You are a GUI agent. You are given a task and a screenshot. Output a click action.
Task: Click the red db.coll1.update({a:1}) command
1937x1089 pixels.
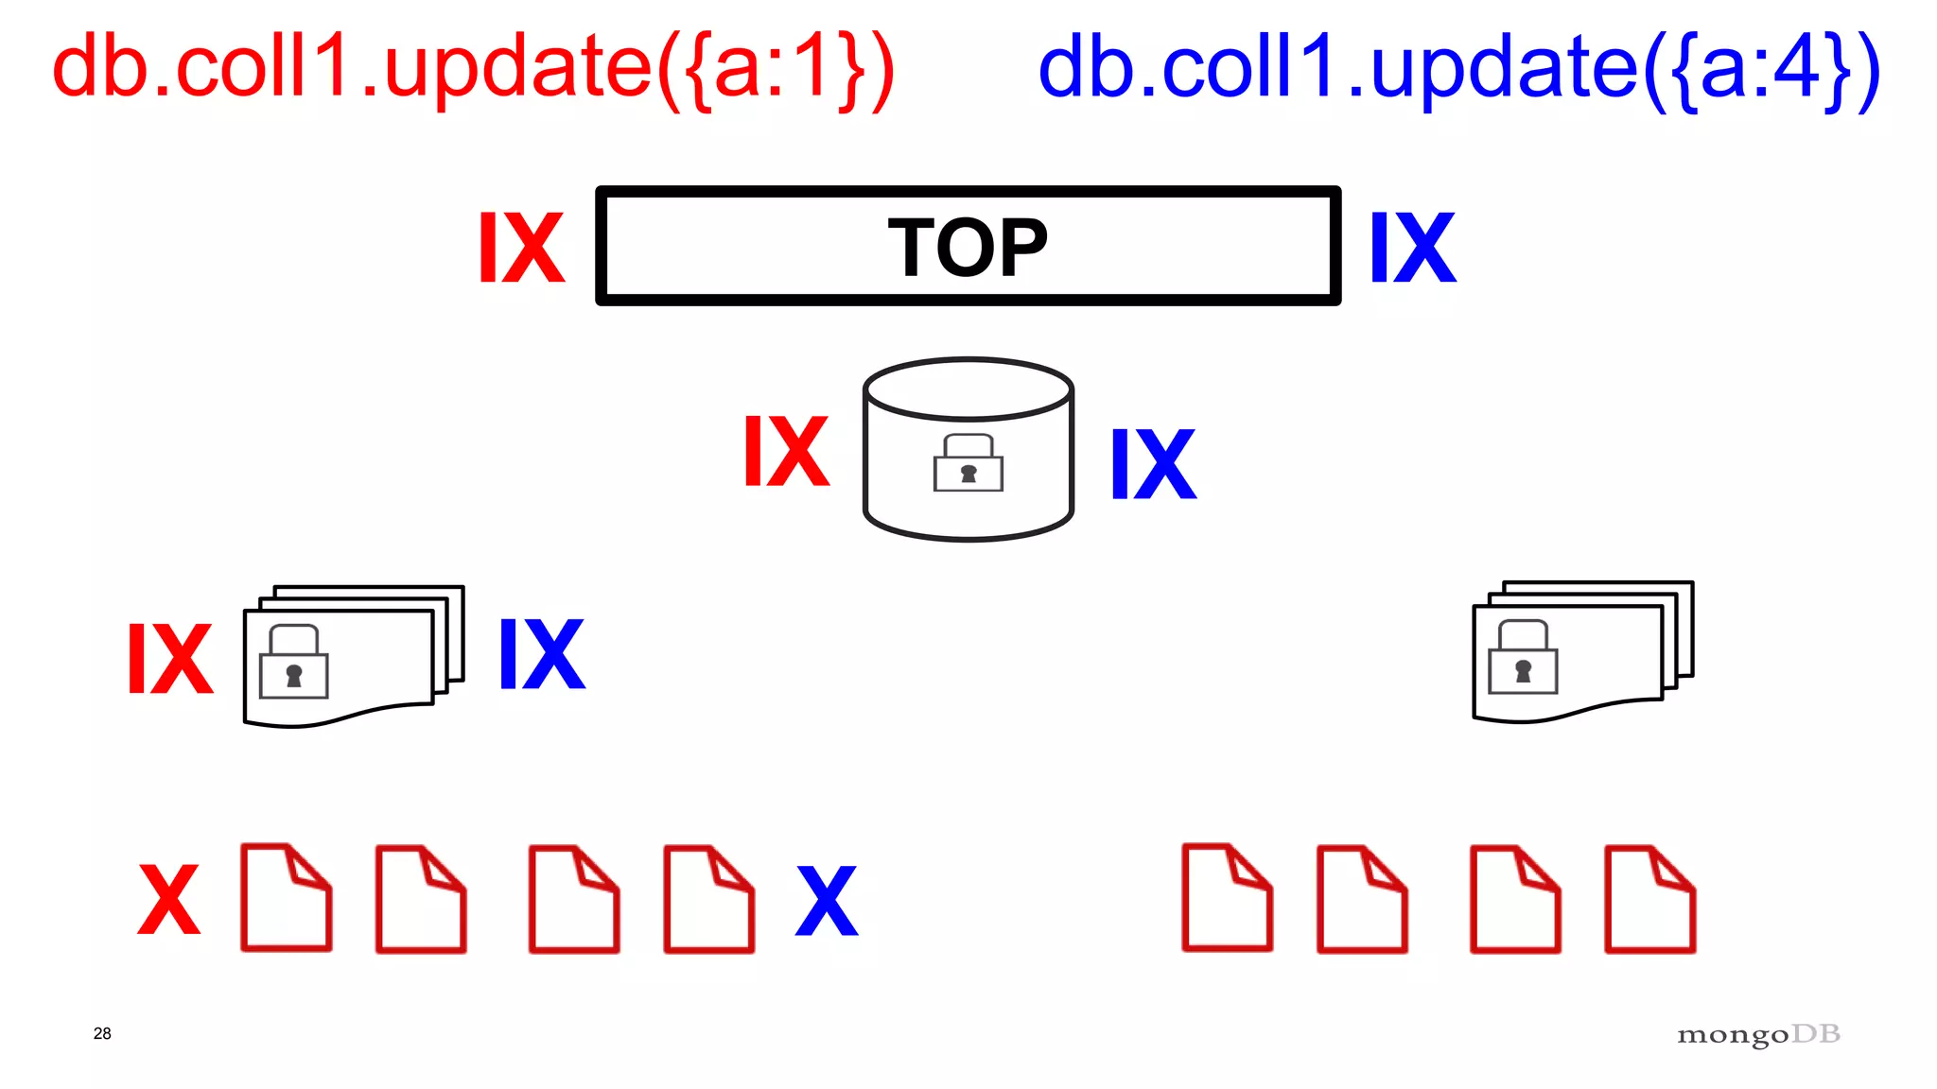pos(473,68)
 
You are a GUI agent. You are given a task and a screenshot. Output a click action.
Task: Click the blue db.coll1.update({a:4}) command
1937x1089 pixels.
pos(1458,68)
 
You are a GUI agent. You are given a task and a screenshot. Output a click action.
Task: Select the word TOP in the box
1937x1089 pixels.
pos(968,248)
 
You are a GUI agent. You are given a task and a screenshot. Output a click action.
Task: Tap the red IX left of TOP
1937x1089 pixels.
pos(521,248)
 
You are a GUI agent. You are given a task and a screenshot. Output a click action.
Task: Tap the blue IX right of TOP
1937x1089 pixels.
pos(1413,248)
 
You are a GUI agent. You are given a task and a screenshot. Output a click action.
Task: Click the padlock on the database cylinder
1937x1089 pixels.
pos(968,463)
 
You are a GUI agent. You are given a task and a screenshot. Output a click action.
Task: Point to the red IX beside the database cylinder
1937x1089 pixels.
pos(786,452)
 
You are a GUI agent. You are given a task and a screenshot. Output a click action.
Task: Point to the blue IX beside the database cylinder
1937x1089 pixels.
pos(1153,463)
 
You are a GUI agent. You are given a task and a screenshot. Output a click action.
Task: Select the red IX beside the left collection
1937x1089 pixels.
pos(170,659)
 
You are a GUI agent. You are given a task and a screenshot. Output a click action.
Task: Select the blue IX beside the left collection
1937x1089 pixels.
pos(542,654)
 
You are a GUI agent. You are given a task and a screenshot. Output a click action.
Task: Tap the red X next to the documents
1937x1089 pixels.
pos(169,899)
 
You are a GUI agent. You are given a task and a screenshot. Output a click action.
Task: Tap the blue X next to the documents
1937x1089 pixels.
pos(827,901)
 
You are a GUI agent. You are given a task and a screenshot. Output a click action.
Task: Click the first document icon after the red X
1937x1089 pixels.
pos(286,898)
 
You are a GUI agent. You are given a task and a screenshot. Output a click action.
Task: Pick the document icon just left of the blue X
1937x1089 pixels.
pos(708,899)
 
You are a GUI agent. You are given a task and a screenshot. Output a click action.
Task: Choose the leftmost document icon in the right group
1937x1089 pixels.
pos(1227,898)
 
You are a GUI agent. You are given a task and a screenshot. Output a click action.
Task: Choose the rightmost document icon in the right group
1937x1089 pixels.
pos(1649,899)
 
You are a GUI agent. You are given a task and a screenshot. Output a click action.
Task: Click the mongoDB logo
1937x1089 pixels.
pos(1758,1035)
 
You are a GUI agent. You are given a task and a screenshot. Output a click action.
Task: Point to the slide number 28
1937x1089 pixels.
pos(102,1033)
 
